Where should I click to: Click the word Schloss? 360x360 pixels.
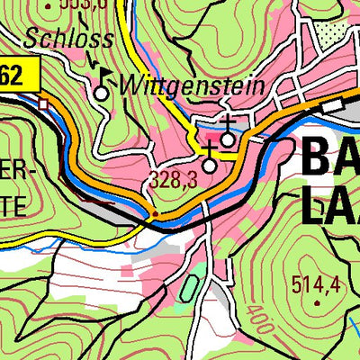click(x=69, y=40)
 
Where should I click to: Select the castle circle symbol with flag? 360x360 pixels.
click(x=101, y=92)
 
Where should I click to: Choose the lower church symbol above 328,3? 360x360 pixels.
click(x=210, y=164)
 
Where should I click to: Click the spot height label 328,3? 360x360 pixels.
click(x=174, y=181)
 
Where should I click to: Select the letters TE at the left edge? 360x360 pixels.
click(x=16, y=205)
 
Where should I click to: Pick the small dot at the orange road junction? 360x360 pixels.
click(x=155, y=215)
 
